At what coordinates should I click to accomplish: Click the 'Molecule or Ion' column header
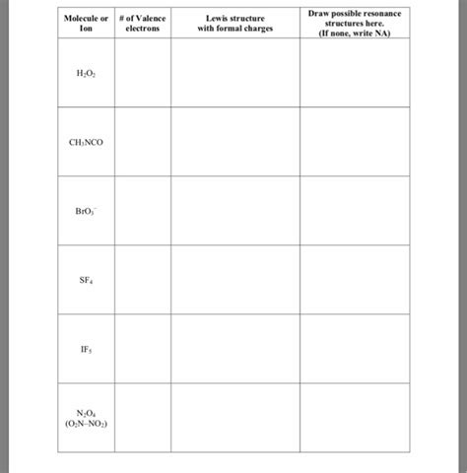click(86, 23)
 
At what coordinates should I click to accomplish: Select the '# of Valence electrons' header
click(142, 23)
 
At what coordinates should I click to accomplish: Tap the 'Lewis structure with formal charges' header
click(234, 23)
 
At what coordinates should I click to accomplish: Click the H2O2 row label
click(86, 74)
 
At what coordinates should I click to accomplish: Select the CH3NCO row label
click(86, 143)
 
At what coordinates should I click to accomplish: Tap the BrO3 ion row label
click(86, 212)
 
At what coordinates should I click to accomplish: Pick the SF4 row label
click(86, 280)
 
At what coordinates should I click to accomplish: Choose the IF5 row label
click(86, 349)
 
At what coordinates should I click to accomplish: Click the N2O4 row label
click(86, 418)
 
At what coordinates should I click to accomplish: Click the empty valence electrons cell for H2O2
click(142, 74)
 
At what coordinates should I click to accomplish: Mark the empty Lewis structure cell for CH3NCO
click(234, 143)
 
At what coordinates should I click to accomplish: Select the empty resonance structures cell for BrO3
click(355, 212)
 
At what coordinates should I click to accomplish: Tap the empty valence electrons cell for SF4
click(142, 280)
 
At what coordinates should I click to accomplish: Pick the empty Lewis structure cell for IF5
click(234, 349)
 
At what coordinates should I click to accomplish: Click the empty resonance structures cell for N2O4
click(355, 418)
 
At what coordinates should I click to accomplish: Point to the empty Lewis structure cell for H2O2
click(234, 74)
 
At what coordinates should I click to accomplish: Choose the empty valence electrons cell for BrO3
click(142, 212)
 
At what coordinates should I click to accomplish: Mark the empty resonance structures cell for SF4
click(355, 280)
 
